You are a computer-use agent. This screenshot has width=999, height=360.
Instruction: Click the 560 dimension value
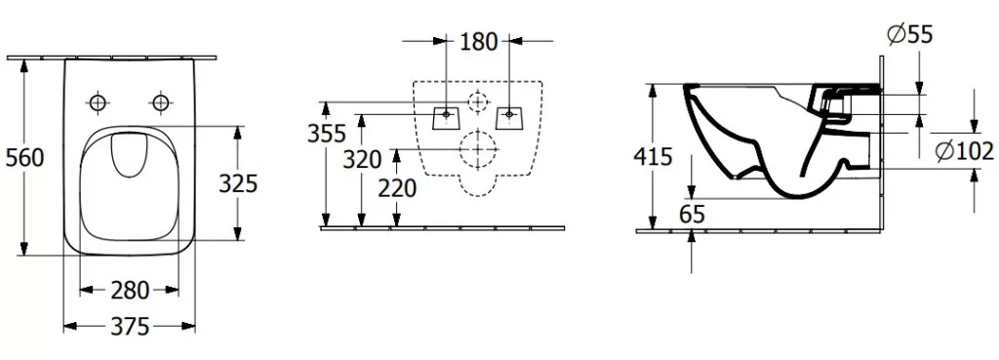pyautogui.click(x=24, y=157)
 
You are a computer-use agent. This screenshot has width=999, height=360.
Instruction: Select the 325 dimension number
pyautogui.click(x=238, y=183)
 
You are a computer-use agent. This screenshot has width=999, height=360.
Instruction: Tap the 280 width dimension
pyautogui.click(x=130, y=291)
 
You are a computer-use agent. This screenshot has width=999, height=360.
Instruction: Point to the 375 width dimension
pyautogui.click(x=130, y=327)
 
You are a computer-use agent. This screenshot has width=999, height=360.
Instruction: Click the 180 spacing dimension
pyautogui.click(x=478, y=42)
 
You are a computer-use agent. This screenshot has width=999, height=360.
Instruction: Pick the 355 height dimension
pyautogui.click(x=327, y=134)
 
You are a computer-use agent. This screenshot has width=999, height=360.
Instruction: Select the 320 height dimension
pyautogui.click(x=362, y=159)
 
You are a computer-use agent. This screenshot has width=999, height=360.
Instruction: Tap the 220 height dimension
pyautogui.click(x=398, y=188)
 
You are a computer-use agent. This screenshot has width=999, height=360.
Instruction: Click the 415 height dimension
pyautogui.click(x=653, y=156)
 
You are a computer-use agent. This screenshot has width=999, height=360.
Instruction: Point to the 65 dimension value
pyautogui.click(x=693, y=215)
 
